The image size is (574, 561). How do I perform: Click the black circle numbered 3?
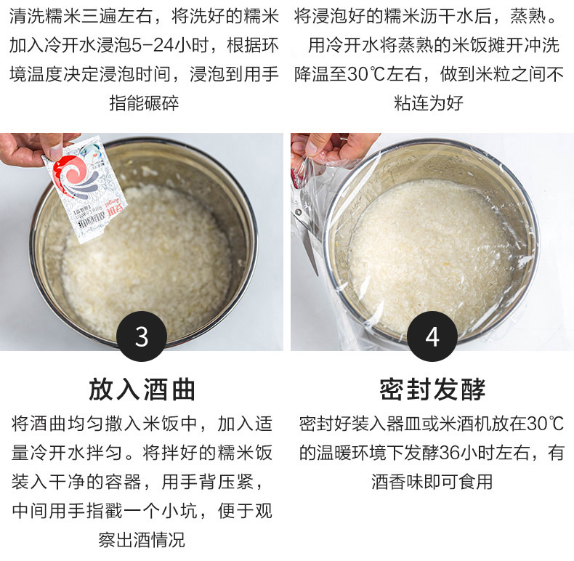click(x=142, y=336)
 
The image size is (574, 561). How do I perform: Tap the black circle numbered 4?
click(x=432, y=336)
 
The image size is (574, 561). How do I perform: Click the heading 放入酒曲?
click(x=142, y=390)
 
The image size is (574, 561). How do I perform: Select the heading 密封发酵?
click(x=432, y=390)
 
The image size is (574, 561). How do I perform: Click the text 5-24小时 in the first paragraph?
click(x=169, y=46)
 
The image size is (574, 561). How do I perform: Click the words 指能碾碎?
click(x=144, y=103)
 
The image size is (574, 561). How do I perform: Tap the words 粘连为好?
click(x=429, y=103)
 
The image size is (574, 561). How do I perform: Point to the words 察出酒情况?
click(x=142, y=540)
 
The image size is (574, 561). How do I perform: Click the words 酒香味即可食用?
click(x=432, y=482)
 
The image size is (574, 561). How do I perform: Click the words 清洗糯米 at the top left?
click(x=45, y=17)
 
